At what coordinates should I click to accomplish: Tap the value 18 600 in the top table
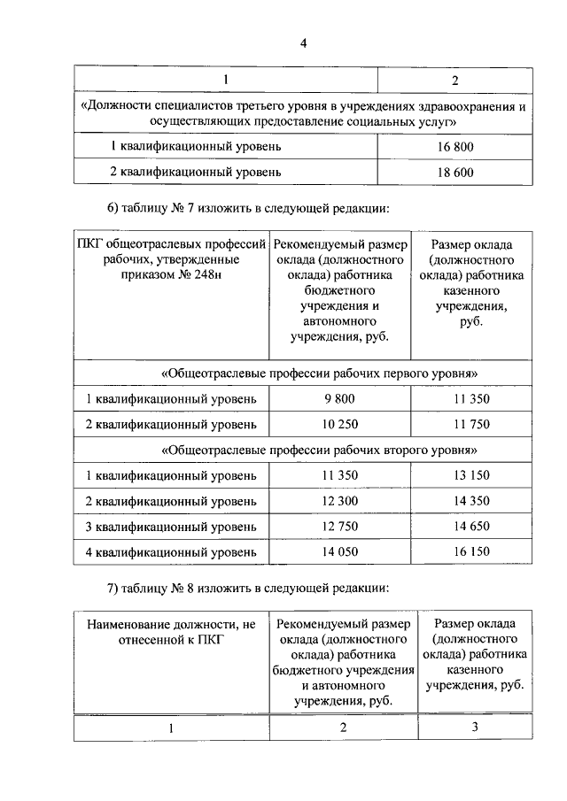(455, 172)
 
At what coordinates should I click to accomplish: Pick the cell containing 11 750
(471, 424)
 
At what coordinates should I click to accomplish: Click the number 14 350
(471, 501)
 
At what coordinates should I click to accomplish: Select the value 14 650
(471, 527)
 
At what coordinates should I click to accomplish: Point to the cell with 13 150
(471, 475)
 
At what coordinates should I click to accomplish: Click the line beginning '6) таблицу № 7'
(248, 208)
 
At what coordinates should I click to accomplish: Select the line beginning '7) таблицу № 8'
(248, 588)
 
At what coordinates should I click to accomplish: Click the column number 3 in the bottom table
(475, 727)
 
